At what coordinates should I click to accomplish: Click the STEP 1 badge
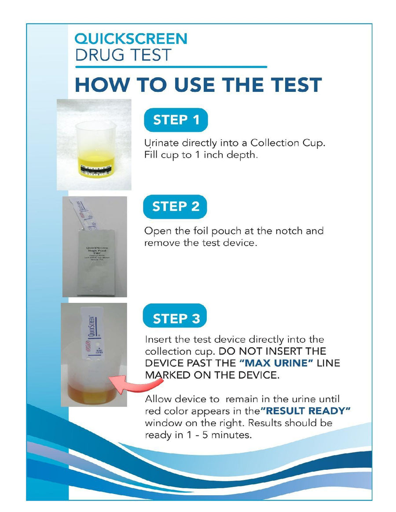176,120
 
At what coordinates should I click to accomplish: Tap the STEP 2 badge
176,207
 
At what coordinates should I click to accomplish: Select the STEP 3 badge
176,318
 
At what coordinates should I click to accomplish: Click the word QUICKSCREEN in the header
131,39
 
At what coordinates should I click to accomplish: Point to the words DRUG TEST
123,55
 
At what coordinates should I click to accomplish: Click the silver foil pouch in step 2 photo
94,264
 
